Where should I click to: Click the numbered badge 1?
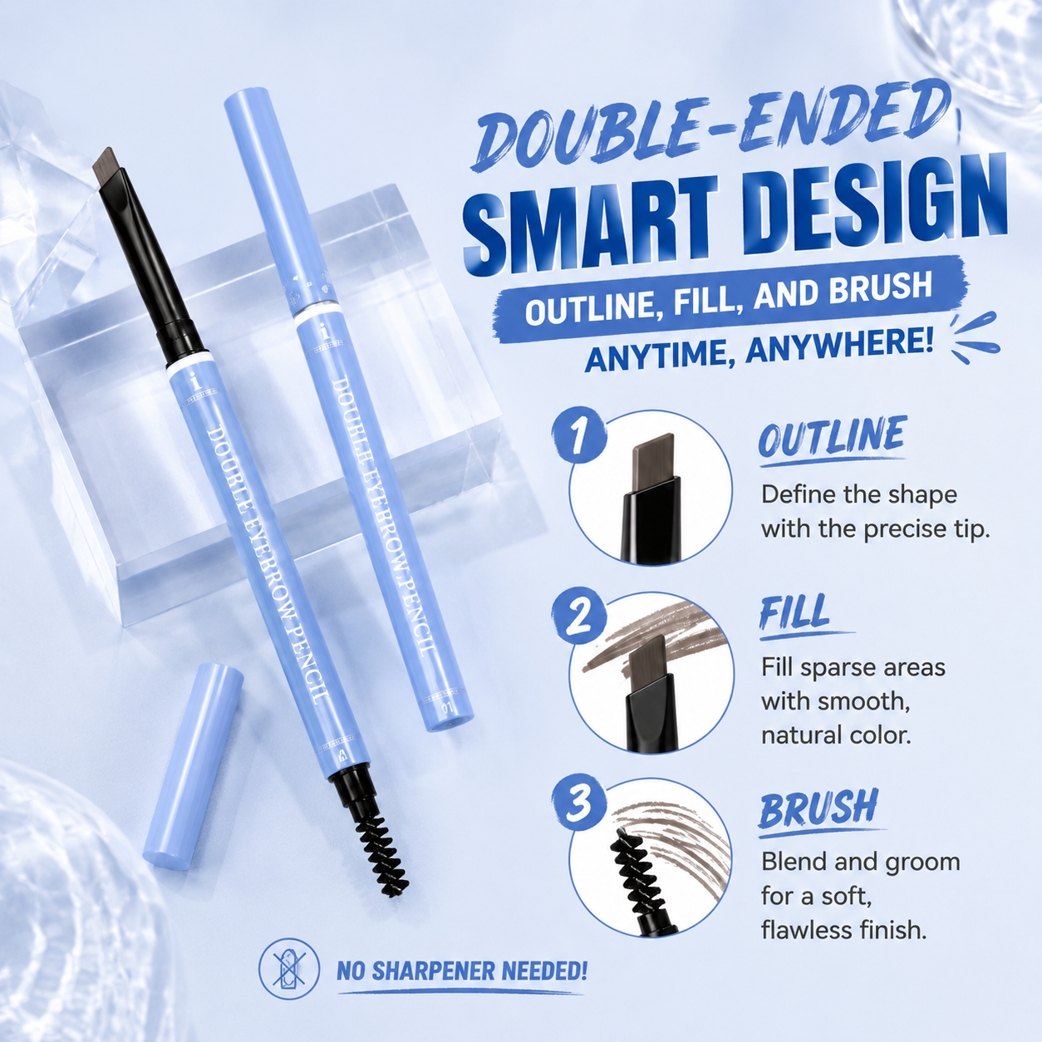579,435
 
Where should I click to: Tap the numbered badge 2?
579,617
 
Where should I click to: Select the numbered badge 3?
579,803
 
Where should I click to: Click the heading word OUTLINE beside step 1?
832,436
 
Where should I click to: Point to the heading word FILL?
794,612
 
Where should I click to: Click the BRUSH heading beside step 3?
818,809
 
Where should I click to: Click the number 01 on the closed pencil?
446,707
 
